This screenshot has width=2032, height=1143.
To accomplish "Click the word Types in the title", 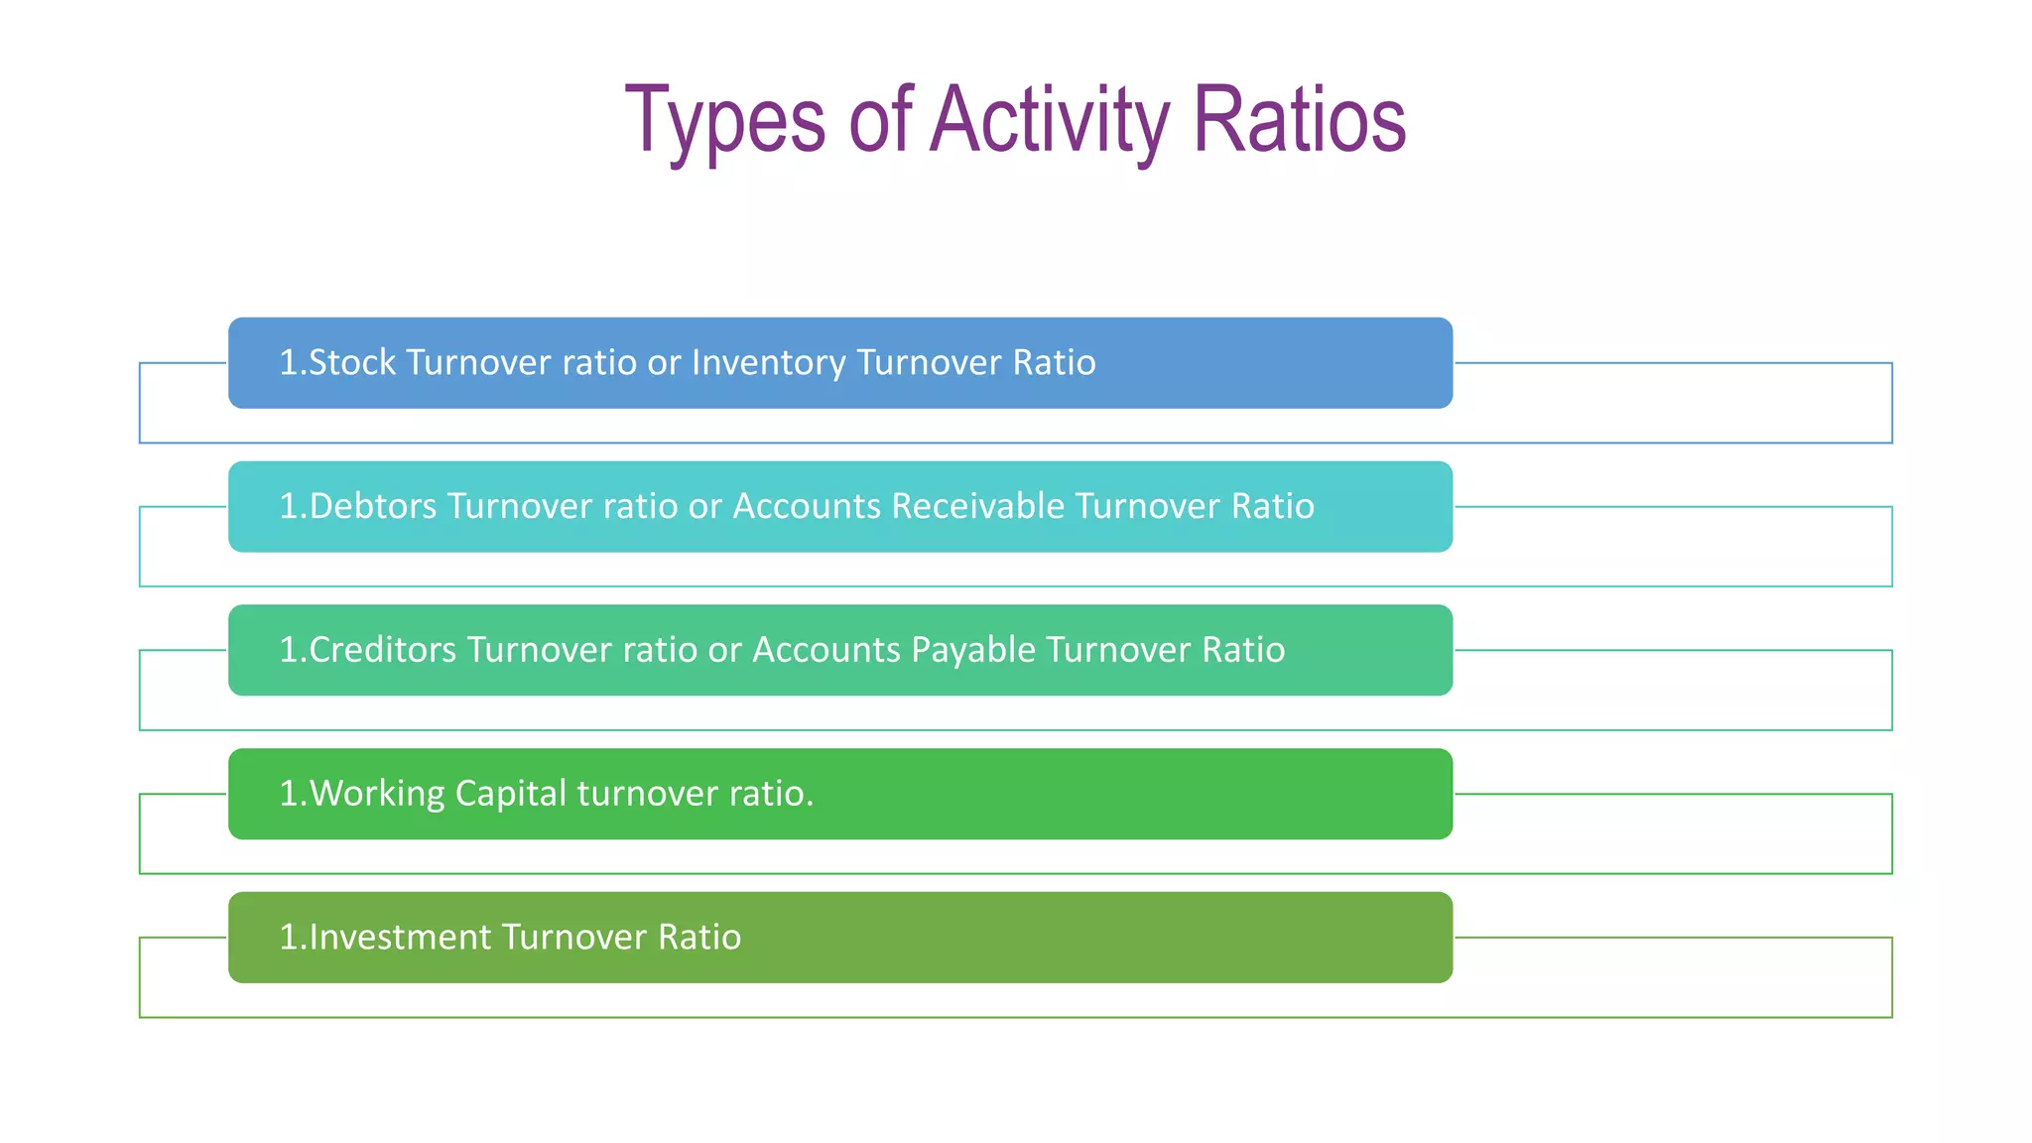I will (x=725, y=121).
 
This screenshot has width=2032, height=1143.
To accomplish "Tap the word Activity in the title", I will (x=1050, y=121).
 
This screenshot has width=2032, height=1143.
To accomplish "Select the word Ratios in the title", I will (x=1299, y=121).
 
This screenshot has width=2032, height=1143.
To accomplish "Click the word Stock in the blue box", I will (x=352, y=363).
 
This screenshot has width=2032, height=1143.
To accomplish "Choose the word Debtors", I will (x=372, y=507).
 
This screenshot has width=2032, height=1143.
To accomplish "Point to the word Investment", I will (x=400, y=938).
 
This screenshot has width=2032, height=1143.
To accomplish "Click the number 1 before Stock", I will (x=288, y=363).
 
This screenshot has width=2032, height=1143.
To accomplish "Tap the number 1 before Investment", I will (x=288, y=938).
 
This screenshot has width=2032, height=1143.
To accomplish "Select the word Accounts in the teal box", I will (x=807, y=507).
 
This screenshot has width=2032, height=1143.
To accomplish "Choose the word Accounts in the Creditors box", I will (x=826, y=651).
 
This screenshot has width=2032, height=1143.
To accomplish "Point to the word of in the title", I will (x=880, y=121).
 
